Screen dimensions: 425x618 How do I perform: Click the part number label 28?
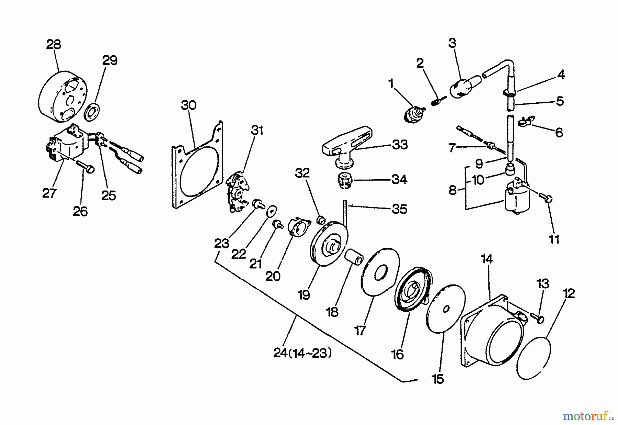point(53,45)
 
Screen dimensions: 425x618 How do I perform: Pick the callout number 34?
point(399,180)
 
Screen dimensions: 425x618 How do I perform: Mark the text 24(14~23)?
point(302,354)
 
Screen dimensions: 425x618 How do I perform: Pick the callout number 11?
point(554,239)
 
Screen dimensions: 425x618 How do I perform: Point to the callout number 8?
point(453,190)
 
